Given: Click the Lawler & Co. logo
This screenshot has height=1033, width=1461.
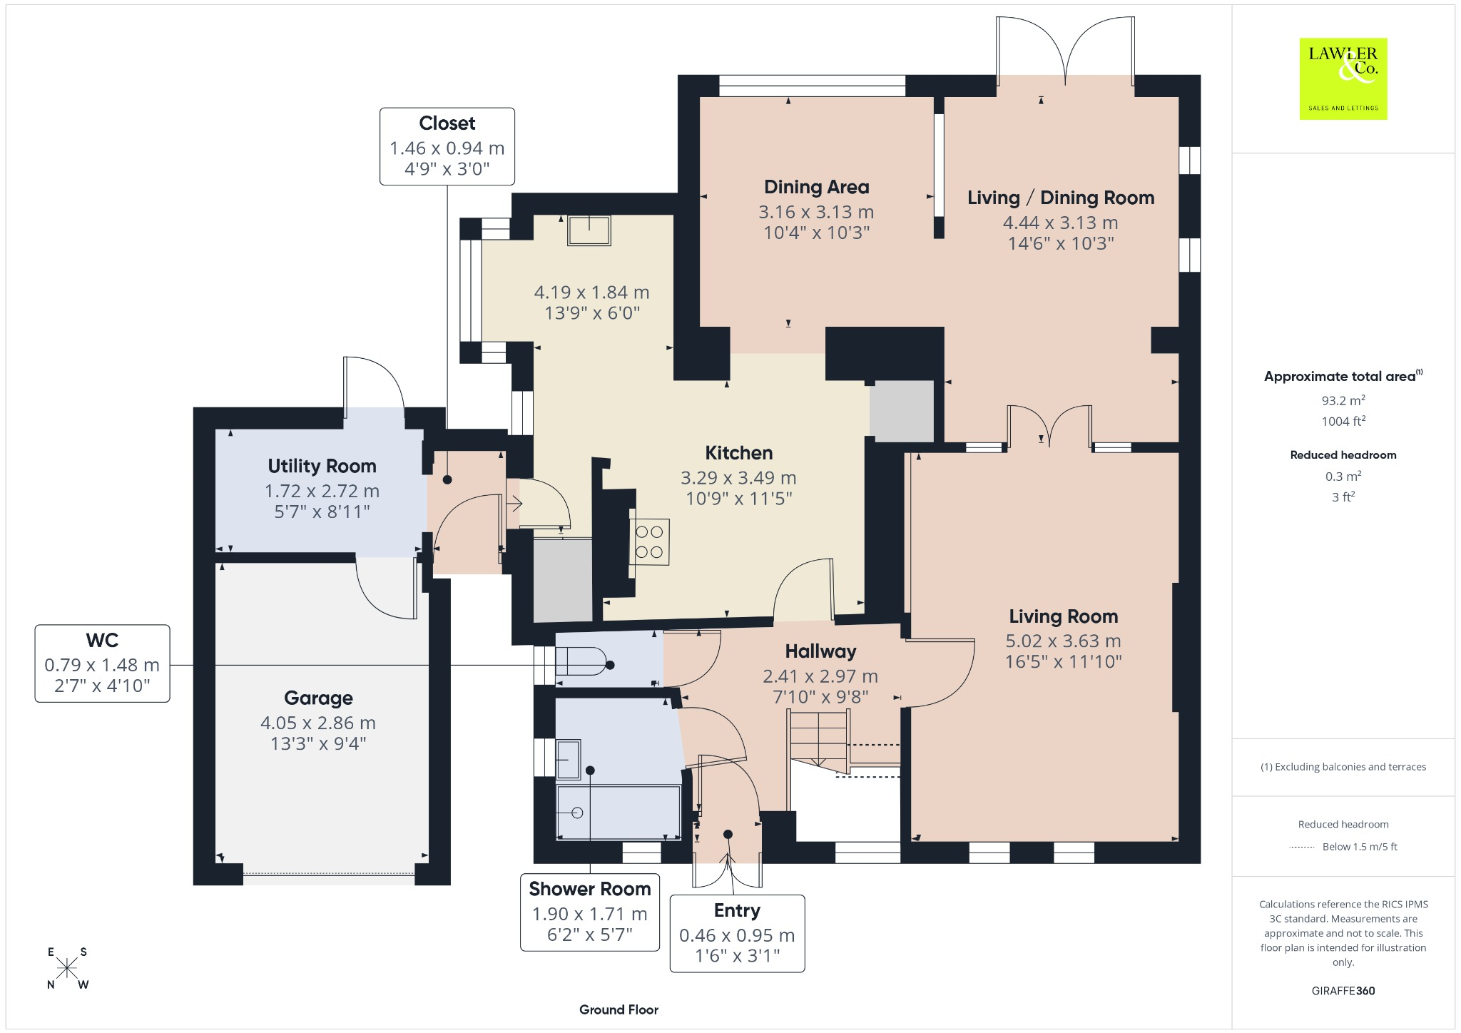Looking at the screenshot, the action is pos(1343,78).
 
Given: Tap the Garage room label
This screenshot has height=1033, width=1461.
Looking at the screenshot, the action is pos(318,698).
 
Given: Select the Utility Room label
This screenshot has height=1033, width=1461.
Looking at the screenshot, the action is pos(322,466).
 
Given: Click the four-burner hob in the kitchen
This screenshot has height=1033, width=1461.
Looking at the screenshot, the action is pos(649,541).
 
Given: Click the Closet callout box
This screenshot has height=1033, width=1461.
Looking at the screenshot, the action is pos(447,146).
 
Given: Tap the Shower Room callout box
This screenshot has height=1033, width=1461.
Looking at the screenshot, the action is pos(590,912).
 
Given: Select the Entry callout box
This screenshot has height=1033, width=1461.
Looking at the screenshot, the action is pos(737,934).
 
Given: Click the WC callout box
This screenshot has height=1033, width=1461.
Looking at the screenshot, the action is pos(102,663).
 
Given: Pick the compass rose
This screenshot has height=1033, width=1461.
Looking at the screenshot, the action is pos(68,968).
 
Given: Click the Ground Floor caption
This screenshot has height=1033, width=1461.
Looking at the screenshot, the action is pos(618,1009).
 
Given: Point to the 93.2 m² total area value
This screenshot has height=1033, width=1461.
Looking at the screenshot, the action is pos(1343,400).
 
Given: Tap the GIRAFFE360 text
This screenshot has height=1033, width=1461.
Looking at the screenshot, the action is pos(1343,990).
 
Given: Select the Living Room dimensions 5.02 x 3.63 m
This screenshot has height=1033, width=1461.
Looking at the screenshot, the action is pos(1063,641).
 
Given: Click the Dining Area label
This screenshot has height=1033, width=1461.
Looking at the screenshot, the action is pos(816,187).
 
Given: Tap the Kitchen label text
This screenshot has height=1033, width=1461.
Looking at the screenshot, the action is pos(738,453).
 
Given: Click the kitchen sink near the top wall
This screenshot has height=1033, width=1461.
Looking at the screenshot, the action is pos(589,230).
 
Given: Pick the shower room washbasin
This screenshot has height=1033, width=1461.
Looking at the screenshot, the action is pos(568,759).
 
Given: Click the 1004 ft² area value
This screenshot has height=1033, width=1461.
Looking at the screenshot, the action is pos(1343,421).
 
